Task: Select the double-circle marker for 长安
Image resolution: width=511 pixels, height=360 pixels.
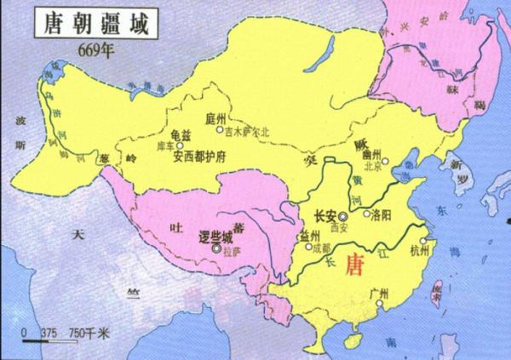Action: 343,216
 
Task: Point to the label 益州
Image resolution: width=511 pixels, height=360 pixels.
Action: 307,235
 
